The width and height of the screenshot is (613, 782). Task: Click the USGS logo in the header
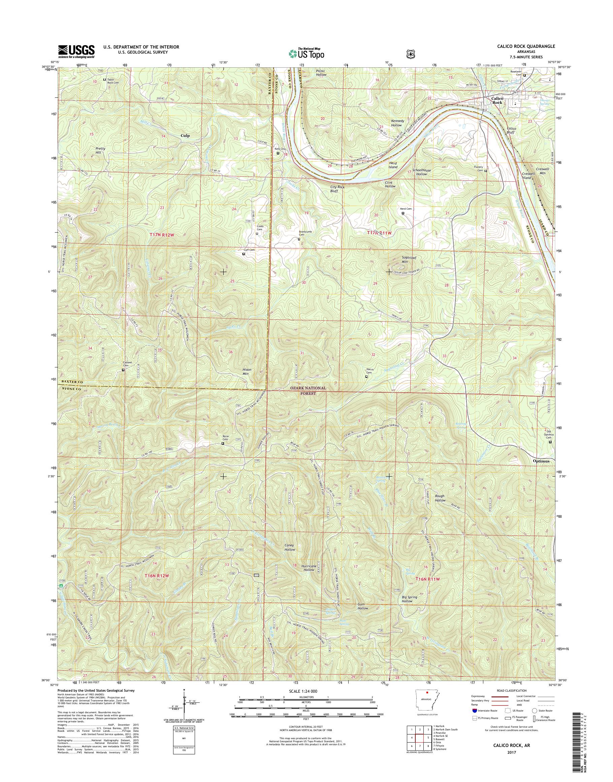click(76, 51)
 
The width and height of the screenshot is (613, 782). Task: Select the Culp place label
click(185, 136)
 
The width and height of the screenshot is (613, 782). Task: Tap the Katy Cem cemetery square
click(278, 153)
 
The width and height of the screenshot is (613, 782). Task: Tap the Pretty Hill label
click(98, 150)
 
